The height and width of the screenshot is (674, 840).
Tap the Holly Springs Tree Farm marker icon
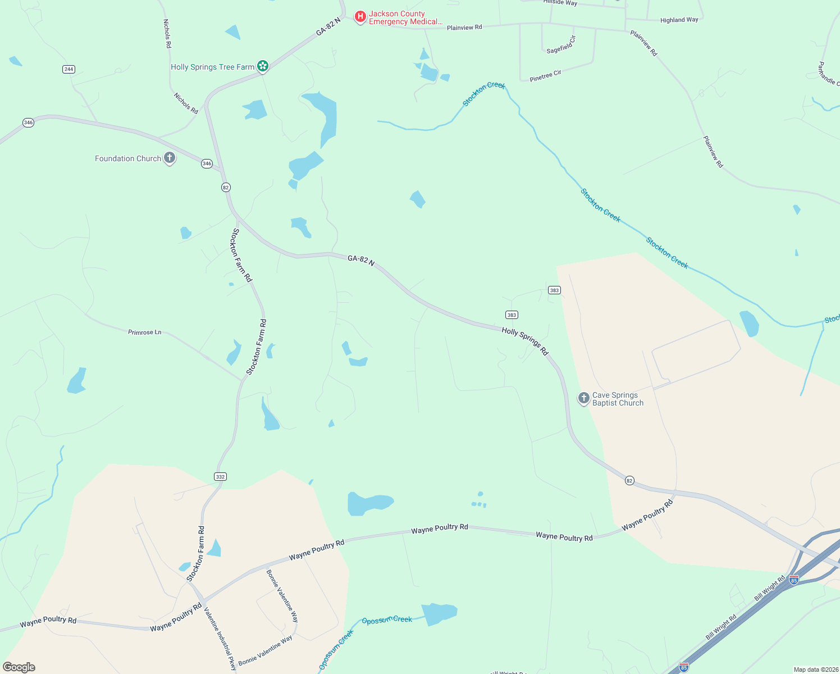[x=262, y=66]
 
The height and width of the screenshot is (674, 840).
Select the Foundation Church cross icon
[x=169, y=158]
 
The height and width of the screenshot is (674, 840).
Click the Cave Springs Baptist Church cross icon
[x=583, y=398]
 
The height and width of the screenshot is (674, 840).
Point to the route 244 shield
[x=69, y=69]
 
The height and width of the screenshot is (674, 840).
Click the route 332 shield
[x=220, y=476]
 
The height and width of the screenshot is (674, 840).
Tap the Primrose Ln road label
[x=145, y=333]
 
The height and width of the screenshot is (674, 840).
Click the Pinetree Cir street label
[x=545, y=76]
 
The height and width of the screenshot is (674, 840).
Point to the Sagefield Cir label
[x=561, y=44]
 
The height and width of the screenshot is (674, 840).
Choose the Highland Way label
[x=679, y=20]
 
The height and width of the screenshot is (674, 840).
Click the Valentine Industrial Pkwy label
[x=220, y=639]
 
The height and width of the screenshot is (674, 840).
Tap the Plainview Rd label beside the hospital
[x=464, y=27]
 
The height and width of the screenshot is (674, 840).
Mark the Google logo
[x=19, y=667]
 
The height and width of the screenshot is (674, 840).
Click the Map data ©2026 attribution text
[x=815, y=670]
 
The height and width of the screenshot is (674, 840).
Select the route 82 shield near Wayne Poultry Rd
[x=629, y=480]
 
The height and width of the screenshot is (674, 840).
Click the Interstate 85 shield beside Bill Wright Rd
[x=794, y=580]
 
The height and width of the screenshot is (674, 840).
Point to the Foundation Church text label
[x=128, y=158]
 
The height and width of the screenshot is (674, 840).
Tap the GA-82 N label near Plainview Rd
[x=328, y=27]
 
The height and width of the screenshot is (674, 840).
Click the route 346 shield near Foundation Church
[x=207, y=163]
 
